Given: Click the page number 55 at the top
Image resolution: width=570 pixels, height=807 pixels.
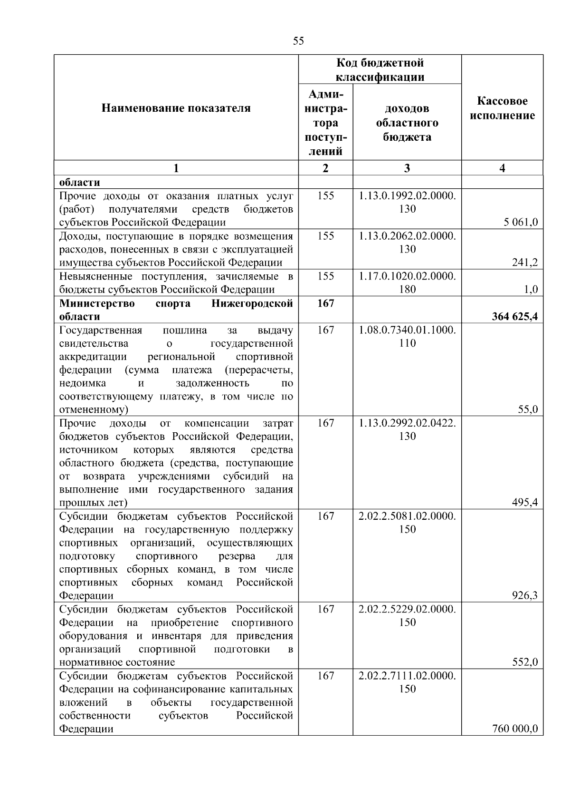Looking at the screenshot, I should click(298, 41).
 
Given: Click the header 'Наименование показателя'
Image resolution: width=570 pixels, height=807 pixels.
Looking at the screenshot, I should click(176, 108).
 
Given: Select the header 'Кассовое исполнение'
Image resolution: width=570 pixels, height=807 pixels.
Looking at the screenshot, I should click(502, 108).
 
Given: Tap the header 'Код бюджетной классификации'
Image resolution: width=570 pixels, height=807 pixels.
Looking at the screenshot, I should click(380, 70).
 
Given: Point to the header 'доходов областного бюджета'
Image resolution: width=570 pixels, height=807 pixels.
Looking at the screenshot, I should click(407, 123).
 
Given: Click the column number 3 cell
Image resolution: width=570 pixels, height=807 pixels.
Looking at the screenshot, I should click(407, 168).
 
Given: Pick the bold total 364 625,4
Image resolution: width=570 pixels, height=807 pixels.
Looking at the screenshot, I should click(515, 316).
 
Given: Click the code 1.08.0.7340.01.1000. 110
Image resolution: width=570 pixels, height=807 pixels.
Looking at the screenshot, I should click(407, 336).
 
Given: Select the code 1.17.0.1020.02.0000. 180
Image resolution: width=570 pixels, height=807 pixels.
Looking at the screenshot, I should click(407, 282).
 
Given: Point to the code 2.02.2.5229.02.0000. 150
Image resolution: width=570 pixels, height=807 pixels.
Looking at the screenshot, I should click(407, 615).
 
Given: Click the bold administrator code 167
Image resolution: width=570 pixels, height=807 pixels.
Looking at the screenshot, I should click(325, 303).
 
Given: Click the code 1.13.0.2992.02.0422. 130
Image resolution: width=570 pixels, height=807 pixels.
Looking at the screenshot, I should click(407, 429).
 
